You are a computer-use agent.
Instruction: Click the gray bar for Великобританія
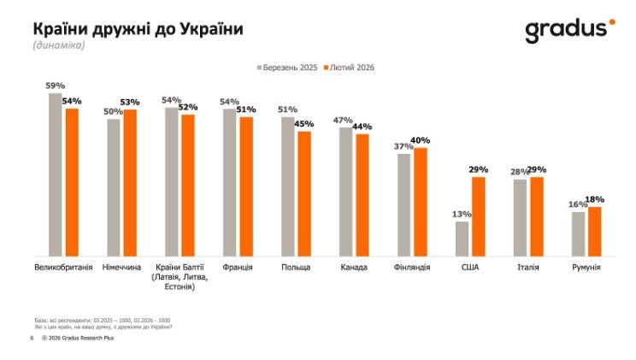(56, 174)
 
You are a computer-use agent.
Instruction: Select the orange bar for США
(479, 215)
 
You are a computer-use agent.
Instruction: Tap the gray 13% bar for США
(462, 238)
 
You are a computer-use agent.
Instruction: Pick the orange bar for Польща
(304, 193)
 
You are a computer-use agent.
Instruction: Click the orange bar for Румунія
(595, 231)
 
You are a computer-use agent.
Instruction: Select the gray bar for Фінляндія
(403, 204)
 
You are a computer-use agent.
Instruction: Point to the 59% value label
(56, 86)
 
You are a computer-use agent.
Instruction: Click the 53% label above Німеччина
(130, 103)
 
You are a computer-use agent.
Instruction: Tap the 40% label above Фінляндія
(421, 140)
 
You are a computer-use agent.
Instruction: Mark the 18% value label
(595, 199)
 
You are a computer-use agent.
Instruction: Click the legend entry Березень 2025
(287, 67)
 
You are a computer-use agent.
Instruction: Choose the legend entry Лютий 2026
(350, 67)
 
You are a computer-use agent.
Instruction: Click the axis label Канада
(354, 268)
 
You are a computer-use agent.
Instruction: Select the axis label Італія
(528, 268)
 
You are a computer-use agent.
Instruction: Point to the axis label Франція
(238, 268)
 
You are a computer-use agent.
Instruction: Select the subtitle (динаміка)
(59, 45)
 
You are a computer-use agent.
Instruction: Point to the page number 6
(32, 339)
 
